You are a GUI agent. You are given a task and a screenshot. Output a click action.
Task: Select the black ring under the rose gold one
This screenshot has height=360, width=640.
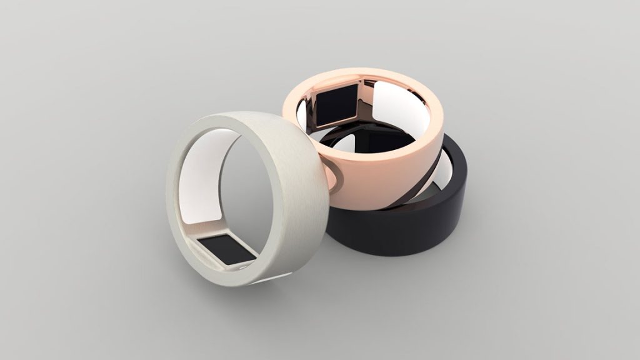coord(400,231)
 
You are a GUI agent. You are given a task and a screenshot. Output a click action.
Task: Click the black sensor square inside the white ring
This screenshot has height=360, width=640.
coord(226,249)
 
